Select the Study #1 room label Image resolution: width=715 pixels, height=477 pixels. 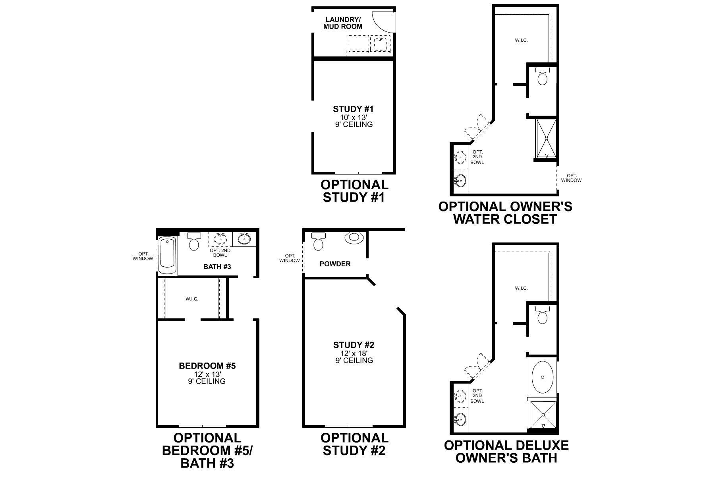pos(354,109)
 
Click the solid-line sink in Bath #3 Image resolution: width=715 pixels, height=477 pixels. pos(244,239)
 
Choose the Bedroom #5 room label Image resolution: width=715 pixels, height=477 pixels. pos(207,366)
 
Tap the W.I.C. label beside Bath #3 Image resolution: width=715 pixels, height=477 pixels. pos(192,299)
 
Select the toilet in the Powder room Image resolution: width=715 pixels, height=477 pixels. pos(318,242)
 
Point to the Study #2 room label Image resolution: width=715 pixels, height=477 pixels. pos(354,345)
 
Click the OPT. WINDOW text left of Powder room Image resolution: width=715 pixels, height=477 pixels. pos(290,258)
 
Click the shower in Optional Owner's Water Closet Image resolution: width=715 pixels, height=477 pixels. pos(546,138)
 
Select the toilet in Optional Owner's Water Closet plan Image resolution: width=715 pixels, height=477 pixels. pos(542,76)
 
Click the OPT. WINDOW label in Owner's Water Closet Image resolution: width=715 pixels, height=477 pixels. pos(572,178)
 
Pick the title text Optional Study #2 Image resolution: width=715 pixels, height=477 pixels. pos(354,444)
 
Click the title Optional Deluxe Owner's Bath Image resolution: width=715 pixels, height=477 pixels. pos(506,451)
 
